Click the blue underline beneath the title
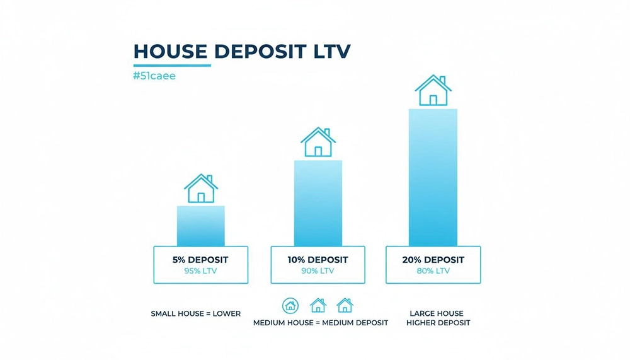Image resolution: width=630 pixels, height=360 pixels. point(172,65)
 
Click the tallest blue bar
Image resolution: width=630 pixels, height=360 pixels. point(433,177)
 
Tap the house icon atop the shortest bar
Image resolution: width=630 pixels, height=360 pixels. point(201,189)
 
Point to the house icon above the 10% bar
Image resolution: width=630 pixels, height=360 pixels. point(318,142)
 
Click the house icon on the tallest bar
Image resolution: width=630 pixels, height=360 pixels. point(433,91)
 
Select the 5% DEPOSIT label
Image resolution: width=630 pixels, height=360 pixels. point(200,260)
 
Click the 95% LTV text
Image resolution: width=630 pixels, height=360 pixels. point(200,271)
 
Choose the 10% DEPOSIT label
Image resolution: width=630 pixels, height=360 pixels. point(318,260)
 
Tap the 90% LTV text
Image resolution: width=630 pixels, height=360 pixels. point(318,271)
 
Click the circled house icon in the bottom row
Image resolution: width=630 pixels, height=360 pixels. point(290,306)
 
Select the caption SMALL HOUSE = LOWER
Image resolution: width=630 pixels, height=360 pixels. point(196,313)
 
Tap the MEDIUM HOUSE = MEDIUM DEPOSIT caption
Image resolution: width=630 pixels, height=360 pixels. point(321,323)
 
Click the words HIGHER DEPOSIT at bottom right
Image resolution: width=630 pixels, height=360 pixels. point(438,323)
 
